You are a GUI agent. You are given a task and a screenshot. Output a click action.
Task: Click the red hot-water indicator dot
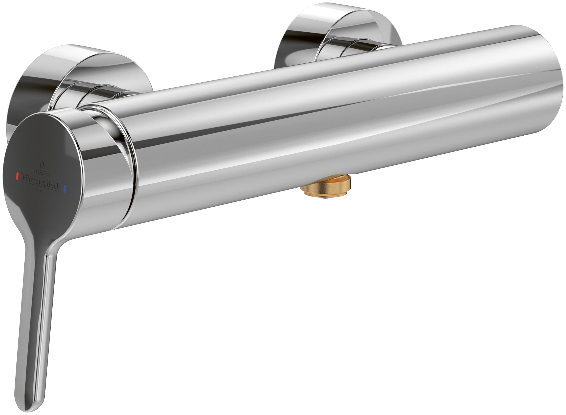(x=18, y=176)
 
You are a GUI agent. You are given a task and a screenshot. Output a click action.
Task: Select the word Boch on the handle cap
(x=53, y=186)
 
